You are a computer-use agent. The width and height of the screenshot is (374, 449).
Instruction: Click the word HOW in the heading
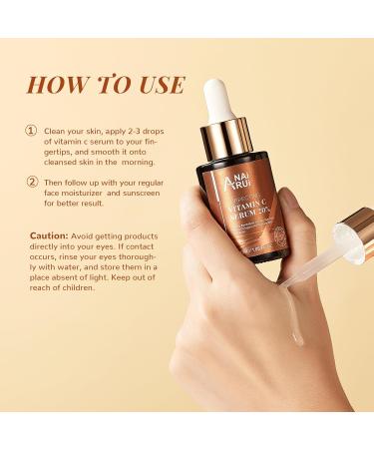(56, 85)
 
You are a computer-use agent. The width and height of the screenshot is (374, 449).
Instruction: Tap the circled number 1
(32, 130)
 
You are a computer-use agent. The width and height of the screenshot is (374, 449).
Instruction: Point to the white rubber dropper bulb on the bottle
(219, 101)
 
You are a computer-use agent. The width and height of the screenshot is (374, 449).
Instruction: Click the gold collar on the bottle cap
(223, 137)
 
